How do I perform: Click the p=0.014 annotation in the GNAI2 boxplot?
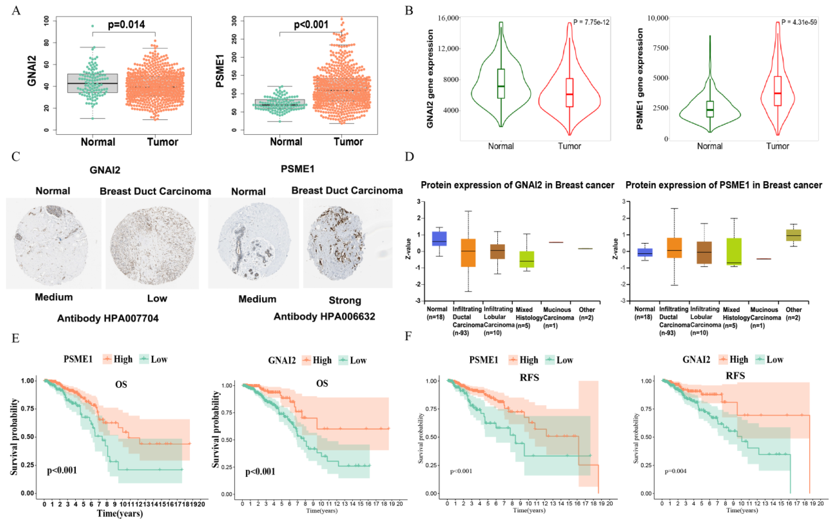pyautogui.click(x=126, y=24)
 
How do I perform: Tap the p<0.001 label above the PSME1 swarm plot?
pyautogui.click(x=311, y=24)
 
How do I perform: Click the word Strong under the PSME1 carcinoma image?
pyautogui.click(x=345, y=300)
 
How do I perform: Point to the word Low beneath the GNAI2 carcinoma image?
pyautogui.click(x=157, y=298)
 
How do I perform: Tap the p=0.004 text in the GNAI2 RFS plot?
pyautogui.click(x=675, y=471)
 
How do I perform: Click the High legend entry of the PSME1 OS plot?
pyautogui.click(x=118, y=359)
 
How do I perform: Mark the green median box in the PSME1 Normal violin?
pyautogui.click(x=710, y=109)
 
